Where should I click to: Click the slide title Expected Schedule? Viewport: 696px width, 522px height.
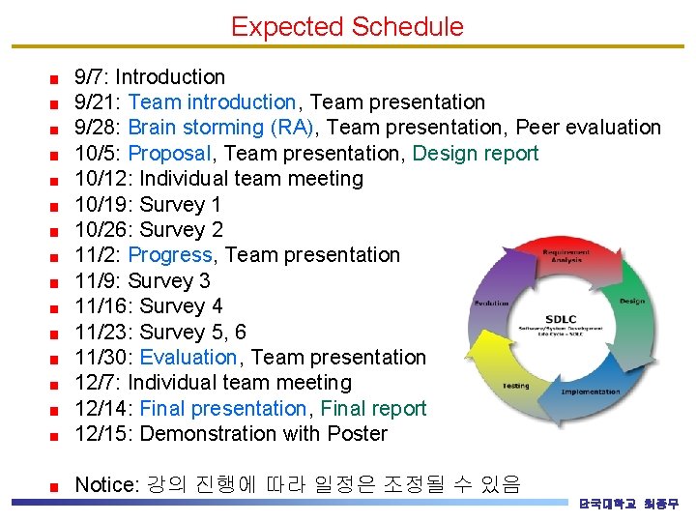click(347, 26)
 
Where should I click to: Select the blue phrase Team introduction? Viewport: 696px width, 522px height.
click(212, 102)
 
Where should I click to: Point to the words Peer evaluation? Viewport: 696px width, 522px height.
click(588, 128)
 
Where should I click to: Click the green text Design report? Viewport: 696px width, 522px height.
click(476, 154)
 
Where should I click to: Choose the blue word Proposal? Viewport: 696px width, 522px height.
click(169, 154)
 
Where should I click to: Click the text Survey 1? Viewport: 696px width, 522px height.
click(181, 205)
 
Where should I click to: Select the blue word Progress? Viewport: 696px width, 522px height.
click(169, 255)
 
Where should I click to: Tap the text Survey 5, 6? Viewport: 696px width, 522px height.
click(193, 333)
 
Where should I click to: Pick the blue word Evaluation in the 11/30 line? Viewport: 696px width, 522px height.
click(188, 358)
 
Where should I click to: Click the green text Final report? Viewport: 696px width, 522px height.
click(373, 409)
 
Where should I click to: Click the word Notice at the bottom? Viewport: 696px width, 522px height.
click(106, 484)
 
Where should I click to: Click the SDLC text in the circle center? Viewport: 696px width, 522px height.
click(561, 319)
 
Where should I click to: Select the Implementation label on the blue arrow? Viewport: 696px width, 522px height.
click(590, 391)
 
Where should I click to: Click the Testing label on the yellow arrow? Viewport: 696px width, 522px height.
click(515, 386)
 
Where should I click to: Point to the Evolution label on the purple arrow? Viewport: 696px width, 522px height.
click(491, 303)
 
